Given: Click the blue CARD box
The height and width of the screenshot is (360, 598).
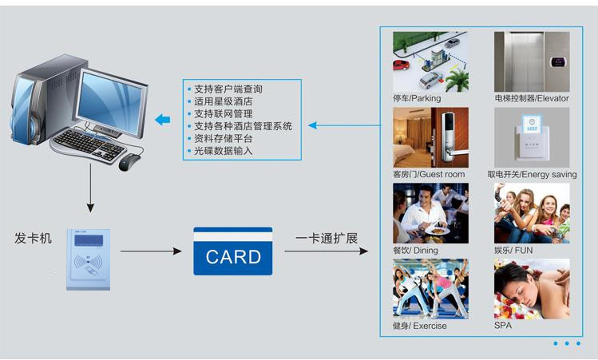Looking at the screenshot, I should pos(233,251).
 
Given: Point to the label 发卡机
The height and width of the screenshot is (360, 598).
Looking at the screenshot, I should pos(33,238).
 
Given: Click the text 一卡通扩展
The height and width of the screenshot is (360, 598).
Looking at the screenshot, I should pos(327,239).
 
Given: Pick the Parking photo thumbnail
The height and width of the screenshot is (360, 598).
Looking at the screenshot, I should pos(430,61).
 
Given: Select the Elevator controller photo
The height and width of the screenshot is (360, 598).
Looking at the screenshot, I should pos(532,61).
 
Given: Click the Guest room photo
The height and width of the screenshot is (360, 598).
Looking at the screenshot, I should pos(430,137).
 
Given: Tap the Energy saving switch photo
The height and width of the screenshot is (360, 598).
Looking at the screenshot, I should pos(532,137).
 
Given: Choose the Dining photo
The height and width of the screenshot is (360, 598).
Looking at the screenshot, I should pos(430,213).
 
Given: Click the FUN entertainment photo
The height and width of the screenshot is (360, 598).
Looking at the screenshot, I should pos(532,213).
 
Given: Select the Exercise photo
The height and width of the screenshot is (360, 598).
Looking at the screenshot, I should pos(430,289).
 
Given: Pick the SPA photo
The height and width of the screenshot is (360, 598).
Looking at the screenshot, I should pos(532,289).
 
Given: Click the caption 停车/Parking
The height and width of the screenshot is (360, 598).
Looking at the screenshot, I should pos(417,98).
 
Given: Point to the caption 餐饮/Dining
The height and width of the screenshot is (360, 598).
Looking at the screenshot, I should pos(415,250).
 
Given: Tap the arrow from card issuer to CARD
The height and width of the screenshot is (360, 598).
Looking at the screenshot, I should pos(151,251).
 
